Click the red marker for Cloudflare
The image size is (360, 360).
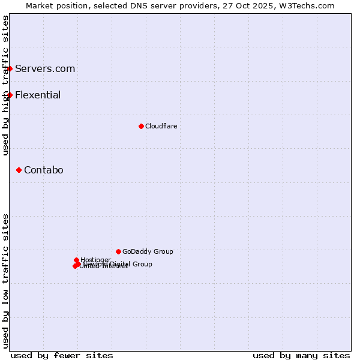point(141,126)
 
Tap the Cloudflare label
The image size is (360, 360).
point(161,126)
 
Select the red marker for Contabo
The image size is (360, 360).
point(19,170)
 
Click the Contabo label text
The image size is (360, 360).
point(43,170)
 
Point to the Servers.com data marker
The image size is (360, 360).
point(10,68)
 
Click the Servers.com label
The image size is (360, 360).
point(45,68)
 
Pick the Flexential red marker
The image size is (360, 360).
point(10,95)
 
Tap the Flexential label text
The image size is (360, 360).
point(38,95)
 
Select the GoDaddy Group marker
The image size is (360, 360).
point(118,251)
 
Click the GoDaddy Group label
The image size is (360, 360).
point(148,251)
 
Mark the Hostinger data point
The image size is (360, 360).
point(77,260)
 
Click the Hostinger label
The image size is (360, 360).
point(95,260)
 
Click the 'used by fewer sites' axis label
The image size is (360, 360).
point(62,355)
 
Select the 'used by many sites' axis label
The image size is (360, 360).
point(301,355)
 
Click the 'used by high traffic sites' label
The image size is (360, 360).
point(5,85)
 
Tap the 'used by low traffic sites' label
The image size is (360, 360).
point(5,281)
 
